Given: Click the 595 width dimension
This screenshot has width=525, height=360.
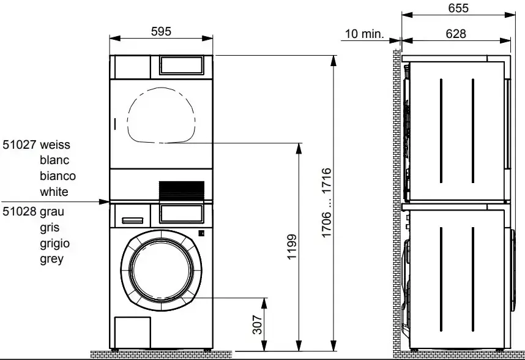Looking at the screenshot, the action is tap(161, 31).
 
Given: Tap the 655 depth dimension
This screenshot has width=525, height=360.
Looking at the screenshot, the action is tap(458, 8).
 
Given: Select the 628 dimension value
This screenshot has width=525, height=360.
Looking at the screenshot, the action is tap(456, 34).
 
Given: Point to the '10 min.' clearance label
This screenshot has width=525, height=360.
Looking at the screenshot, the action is tap(364, 34).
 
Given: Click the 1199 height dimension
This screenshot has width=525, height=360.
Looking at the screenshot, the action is tap(292, 247).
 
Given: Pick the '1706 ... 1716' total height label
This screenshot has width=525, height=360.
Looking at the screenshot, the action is tap(327, 203).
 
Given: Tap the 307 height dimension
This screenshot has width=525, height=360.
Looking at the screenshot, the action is tap(257, 324).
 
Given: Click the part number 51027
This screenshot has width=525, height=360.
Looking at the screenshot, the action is tap(20, 144).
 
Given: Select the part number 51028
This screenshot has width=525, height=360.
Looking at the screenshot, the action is tap(20, 211).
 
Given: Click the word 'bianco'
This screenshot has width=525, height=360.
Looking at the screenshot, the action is tap(58, 176).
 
